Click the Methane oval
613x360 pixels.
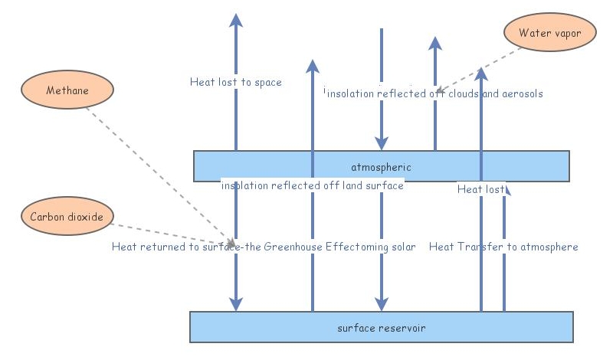click(67, 90)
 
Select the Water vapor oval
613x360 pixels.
click(545, 33)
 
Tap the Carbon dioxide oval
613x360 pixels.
click(67, 216)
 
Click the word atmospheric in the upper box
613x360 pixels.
click(381, 167)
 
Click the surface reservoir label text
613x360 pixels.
click(381, 328)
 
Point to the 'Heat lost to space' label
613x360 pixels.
click(236, 82)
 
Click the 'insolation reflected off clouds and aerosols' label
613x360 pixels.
click(434, 93)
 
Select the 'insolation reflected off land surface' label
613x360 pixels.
click(312, 185)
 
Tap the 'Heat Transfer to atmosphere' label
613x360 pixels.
click(503, 247)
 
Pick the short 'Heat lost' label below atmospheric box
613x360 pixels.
click(480, 188)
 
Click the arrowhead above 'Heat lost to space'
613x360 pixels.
click(236, 21)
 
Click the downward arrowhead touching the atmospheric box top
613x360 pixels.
click(381, 142)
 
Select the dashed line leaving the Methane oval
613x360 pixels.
click(153, 169)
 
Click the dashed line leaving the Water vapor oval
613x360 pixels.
click(483, 66)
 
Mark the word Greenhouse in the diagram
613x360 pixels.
click(293, 247)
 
